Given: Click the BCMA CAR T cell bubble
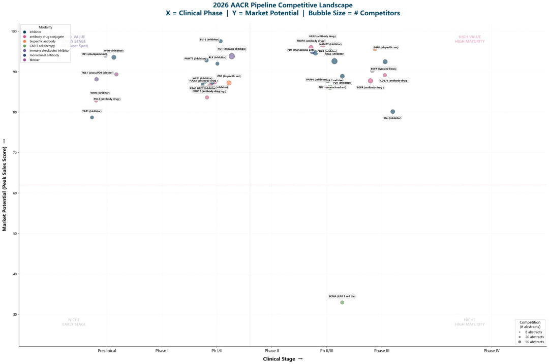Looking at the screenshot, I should pos(342,303).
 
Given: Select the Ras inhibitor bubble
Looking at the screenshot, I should pos(392,112).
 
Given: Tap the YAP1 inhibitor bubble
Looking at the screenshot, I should pos(92,117).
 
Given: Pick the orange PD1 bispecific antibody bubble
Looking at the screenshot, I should pos(229,83).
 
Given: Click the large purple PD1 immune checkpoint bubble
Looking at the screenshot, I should pos(232,56).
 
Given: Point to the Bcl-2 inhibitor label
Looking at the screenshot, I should pos(209,39).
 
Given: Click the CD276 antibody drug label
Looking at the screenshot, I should pos(394,81).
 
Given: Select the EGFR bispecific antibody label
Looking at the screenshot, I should pos(386,47).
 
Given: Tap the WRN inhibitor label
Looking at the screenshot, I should pos(100,93).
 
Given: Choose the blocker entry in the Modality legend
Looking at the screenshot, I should pos(35,60).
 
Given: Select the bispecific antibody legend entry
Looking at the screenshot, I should pos(43,41).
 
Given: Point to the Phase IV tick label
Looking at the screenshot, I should pos(492,351).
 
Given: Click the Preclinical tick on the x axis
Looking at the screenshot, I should pos(107,351).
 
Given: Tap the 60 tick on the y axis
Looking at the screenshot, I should pos(14,193).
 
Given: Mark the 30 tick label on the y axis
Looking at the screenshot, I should pos(14,315).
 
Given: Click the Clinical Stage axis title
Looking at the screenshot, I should pos(283,359).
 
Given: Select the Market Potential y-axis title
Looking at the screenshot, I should pos(5,184).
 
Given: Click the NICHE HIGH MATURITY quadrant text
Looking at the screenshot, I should pos(470,322).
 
